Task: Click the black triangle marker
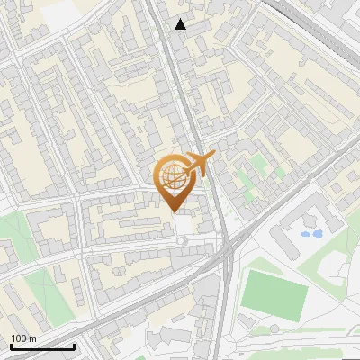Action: click(181, 24)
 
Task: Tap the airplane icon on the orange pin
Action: click(198, 164)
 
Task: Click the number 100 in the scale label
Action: click(16, 339)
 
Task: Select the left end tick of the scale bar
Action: click(11, 345)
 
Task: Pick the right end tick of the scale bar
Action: click(74, 345)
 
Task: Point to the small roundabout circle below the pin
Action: click(183, 241)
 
